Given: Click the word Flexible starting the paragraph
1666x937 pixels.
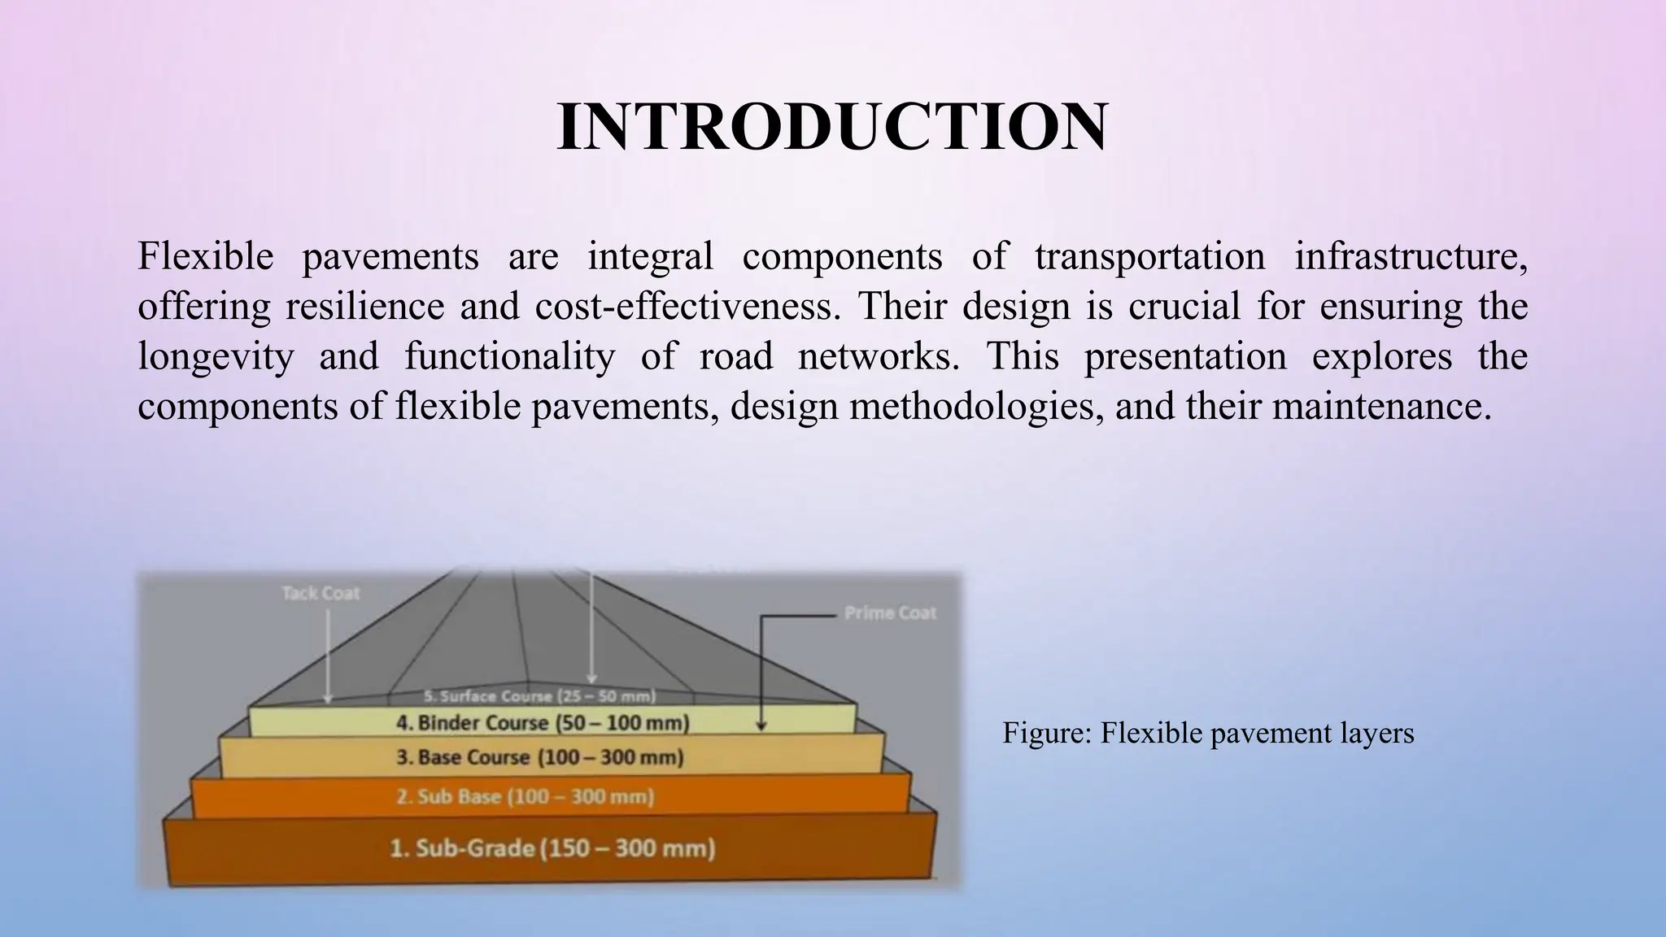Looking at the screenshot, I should (205, 256).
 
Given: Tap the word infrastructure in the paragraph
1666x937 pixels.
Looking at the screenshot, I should (1410, 256).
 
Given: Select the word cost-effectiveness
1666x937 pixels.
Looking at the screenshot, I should (687, 307).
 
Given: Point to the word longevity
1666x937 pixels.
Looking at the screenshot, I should (216, 357).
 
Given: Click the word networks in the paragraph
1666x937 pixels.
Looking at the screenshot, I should (878, 357).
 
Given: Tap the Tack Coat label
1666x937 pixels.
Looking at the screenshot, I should (321, 593).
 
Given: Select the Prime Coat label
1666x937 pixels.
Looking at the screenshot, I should (890, 612).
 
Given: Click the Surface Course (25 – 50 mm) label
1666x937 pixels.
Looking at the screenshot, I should (540, 696).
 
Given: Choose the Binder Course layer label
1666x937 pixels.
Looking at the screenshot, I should (543, 722).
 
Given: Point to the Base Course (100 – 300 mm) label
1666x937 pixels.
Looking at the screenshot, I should (540, 757).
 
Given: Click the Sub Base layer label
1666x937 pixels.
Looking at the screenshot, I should (526, 796).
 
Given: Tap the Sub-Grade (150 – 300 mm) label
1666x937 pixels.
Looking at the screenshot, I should (552, 848).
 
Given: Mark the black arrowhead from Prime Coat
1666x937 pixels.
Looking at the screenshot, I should (761, 726).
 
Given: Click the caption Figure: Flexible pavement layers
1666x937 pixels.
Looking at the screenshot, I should (1208, 733).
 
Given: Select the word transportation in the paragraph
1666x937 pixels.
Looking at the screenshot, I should (1149, 256).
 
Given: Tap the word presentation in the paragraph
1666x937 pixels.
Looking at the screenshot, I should (1184, 357).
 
